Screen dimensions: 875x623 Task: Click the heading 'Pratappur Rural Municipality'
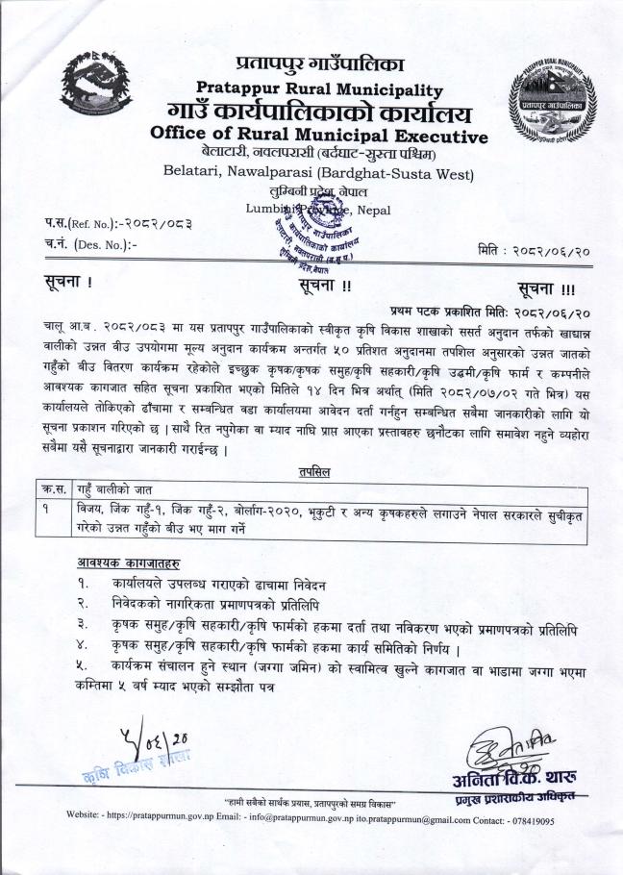pos(318,89)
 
